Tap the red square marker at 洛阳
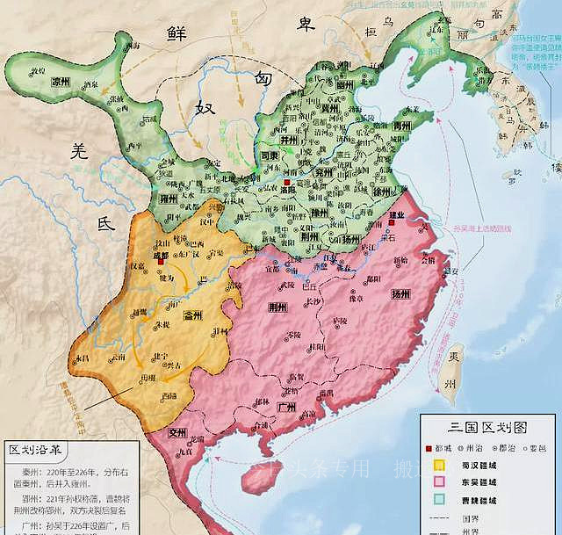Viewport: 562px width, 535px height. click(287, 184)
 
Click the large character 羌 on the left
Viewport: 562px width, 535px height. click(80, 152)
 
